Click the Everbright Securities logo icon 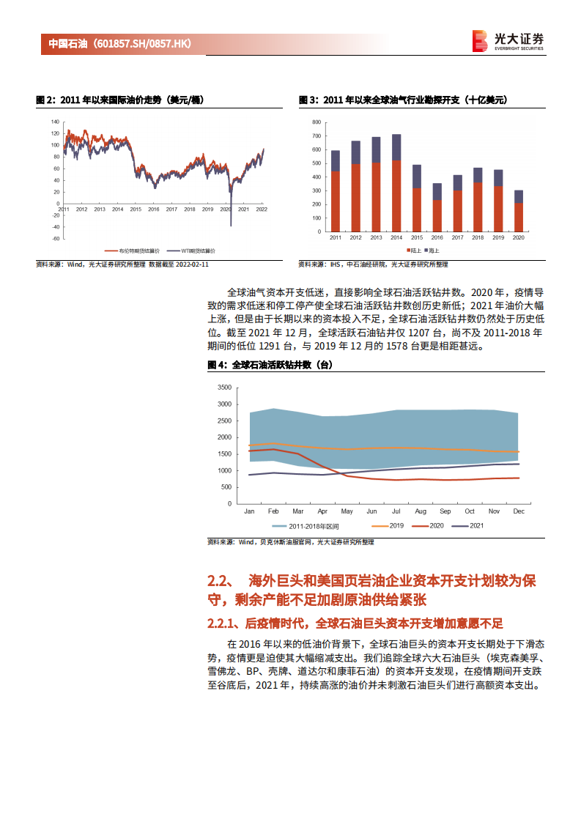tap(480, 41)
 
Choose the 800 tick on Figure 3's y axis tap(316, 122)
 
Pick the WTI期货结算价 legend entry tap(180, 249)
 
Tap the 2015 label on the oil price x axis tap(136, 209)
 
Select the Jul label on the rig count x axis tap(396, 511)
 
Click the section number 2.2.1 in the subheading tap(223, 624)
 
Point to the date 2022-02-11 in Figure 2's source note tap(191, 264)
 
